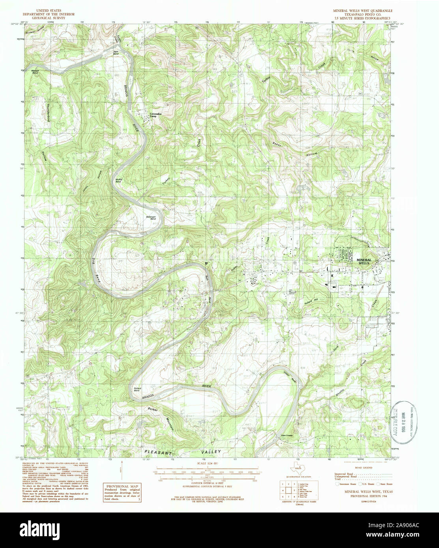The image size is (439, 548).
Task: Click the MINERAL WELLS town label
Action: coord(368,261)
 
